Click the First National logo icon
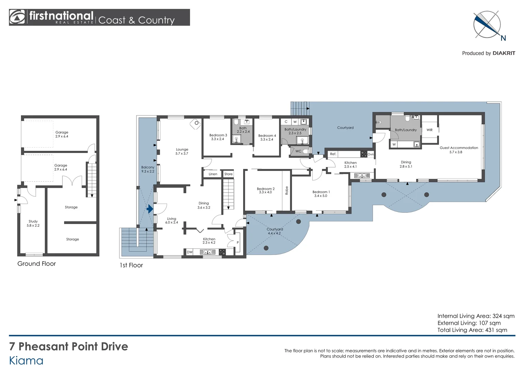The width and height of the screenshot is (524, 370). click(17, 17)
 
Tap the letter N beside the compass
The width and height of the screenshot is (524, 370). click(503, 38)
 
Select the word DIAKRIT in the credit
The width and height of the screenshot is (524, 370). click(503, 53)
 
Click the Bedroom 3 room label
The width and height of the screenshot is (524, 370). click(218, 137)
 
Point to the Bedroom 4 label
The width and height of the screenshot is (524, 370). click(267, 137)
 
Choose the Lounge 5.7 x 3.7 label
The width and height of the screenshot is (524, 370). click(182, 151)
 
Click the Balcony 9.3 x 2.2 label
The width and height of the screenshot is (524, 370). click(147, 169)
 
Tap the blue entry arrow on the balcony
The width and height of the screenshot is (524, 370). click(150, 209)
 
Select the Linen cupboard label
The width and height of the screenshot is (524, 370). click(213, 174)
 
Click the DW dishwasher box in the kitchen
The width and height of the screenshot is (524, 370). click(190, 252)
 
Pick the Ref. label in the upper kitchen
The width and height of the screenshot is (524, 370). click(333, 154)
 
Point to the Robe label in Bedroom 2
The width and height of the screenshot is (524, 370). click(287, 190)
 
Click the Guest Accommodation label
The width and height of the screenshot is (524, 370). click(458, 150)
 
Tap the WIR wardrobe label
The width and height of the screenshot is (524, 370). click(429, 130)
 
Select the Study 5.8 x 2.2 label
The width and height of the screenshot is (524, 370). click(33, 223)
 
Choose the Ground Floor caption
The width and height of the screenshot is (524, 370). click(36, 264)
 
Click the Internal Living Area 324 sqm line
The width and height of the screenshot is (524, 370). click(476, 316)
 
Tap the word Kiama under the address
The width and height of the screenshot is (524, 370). click(26, 361)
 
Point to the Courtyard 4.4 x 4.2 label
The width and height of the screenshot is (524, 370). click(275, 231)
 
